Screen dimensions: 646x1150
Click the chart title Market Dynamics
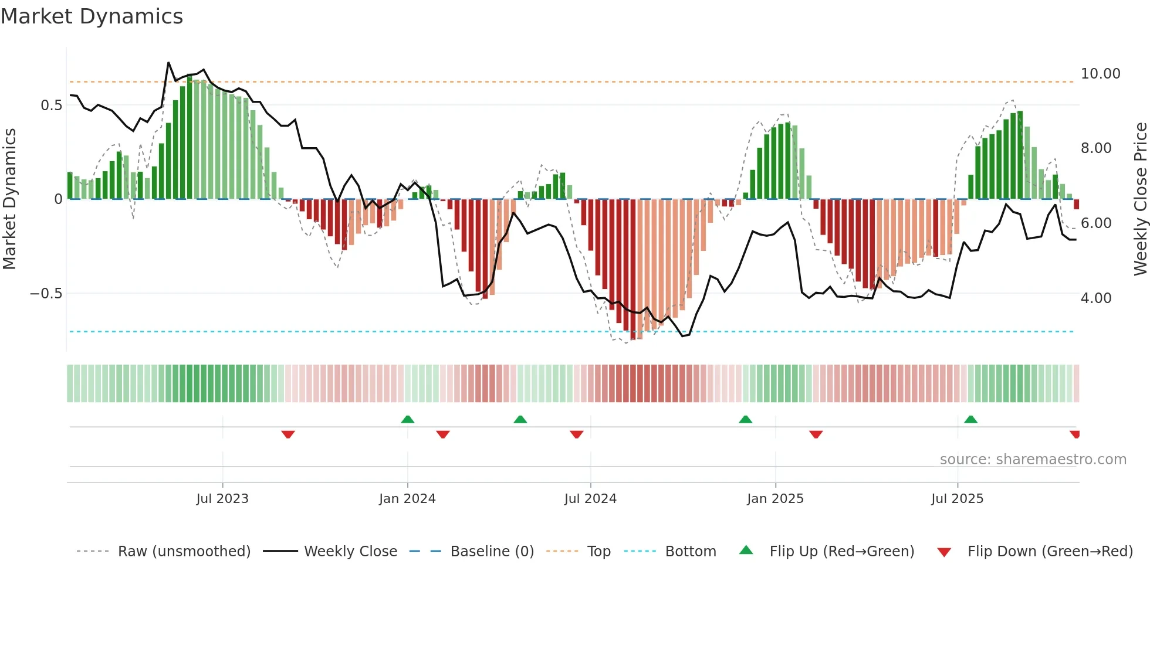[92, 16]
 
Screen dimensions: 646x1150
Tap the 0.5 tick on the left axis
[51, 106]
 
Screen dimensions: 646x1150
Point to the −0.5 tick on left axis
[46, 294]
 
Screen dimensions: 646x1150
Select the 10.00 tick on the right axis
[1100, 74]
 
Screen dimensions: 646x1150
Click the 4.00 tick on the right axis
[1095, 298]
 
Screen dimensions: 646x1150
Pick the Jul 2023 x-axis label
[222, 499]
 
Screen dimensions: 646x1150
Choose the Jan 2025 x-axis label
[775, 499]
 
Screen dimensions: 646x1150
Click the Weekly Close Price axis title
[1140, 199]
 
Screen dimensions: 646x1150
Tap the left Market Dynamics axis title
[9, 199]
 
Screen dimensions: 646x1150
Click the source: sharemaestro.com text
[1033, 460]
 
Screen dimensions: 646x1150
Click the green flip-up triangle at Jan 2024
[408, 419]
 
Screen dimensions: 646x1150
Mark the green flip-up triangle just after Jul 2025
[970, 419]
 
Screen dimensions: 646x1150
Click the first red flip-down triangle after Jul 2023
[287, 434]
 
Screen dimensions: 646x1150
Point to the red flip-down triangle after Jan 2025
[816, 434]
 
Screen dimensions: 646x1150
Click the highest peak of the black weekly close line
[168, 63]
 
